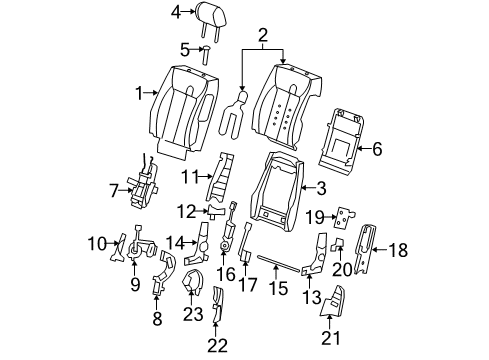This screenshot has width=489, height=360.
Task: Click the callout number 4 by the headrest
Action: coord(176,12)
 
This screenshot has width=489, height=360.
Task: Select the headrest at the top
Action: coord(207,14)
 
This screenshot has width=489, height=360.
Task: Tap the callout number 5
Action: coord(184,48)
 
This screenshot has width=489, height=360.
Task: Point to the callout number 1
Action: coord(140,93)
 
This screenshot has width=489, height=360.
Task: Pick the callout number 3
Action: coord(321,186)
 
